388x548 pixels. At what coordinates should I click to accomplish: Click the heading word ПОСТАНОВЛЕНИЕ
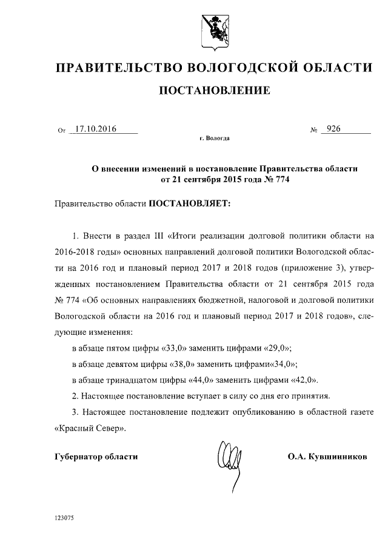tap(214, 91)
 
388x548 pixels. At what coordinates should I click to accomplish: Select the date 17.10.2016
tap(95, 129)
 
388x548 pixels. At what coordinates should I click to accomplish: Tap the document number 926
tap(333, 129)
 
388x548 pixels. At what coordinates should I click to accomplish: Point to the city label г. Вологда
tap(214, 139)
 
